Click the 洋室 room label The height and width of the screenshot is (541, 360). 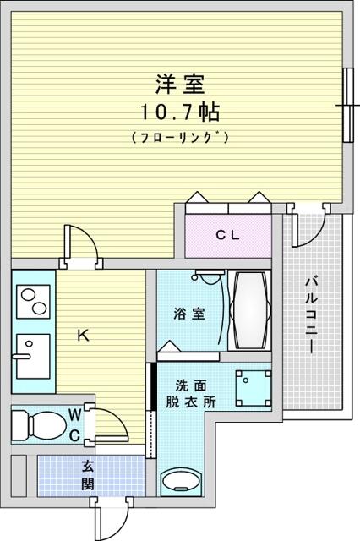point(180,84)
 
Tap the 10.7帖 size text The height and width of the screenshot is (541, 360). point(180,112)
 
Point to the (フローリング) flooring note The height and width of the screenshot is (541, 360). point(180,137)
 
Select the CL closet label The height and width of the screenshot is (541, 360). point(227,235)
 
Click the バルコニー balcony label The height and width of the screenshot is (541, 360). point(311,314)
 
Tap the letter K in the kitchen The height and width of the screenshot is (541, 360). point(83,335)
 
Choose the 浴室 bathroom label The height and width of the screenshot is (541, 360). point(189,314)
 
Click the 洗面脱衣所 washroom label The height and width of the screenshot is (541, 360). point(191,394)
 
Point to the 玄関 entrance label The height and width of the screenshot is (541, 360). point(88,475)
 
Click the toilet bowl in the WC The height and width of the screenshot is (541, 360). point(39,424)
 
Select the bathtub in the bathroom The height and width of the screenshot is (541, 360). point(249,311)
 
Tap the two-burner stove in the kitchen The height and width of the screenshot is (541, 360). point(34,301)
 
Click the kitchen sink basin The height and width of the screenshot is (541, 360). point(34,356)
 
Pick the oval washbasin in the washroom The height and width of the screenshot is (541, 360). point(182,480)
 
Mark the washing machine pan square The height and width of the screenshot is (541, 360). point(254,388)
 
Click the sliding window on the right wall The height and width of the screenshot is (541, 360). point(349,105)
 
